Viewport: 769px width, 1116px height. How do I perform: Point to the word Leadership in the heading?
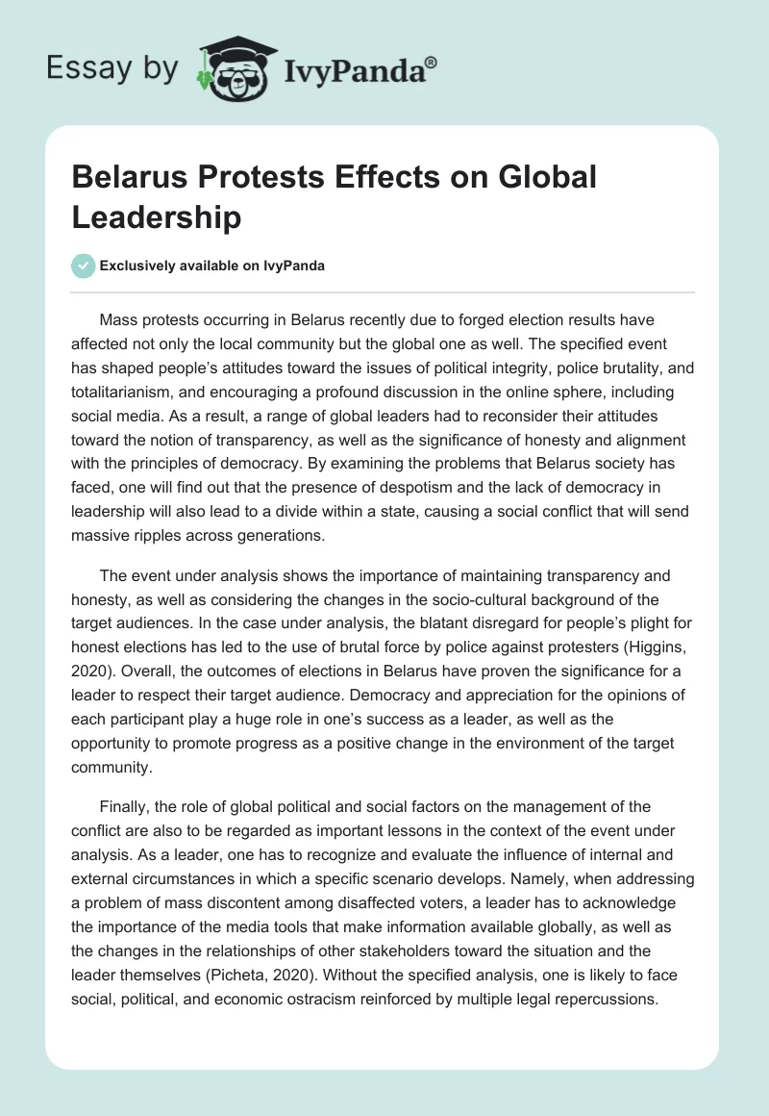pos(157,217)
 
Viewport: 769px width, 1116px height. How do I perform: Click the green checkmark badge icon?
pos(84,266)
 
